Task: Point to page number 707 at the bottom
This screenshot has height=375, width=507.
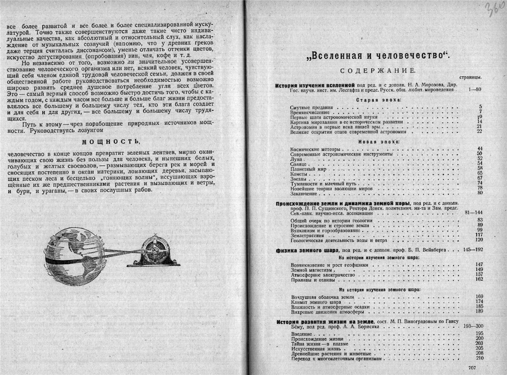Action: coord(473,367)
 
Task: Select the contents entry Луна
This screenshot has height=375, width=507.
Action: coord(297,158)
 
